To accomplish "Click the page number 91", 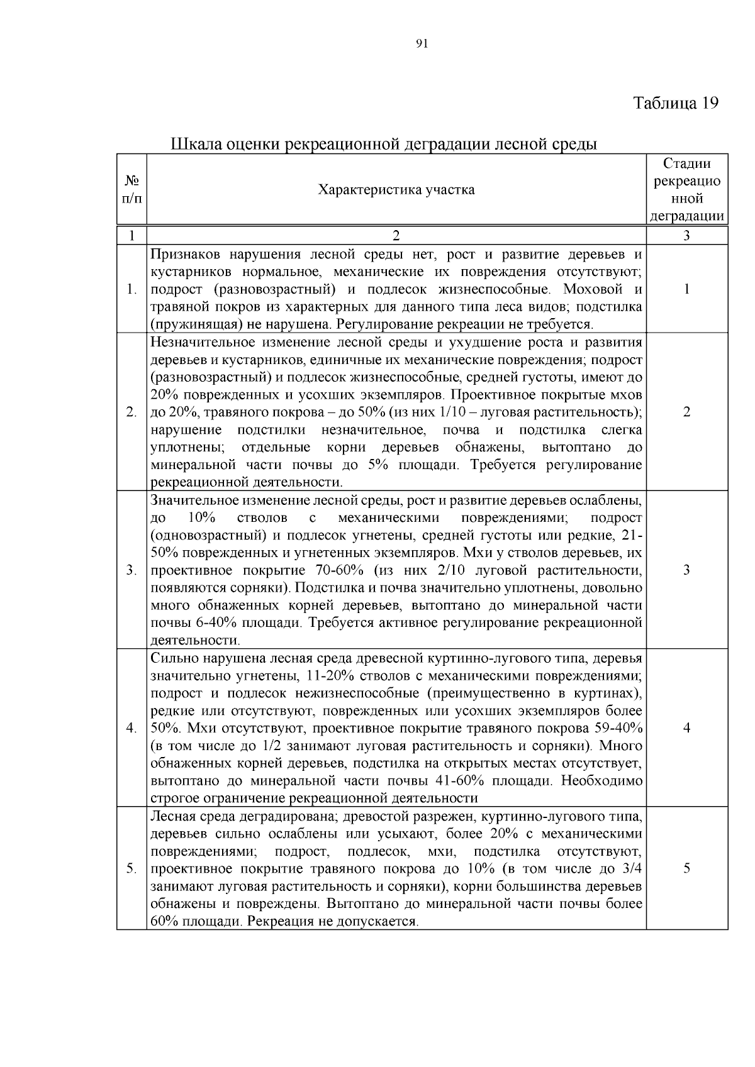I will coord(422,43).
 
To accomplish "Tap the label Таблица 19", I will coord(675,103).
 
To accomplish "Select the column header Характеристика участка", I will coord(396,190).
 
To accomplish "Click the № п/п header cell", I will coord(131,190).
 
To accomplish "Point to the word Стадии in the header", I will coord(687,164).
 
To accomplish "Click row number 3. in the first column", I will coord(131,570).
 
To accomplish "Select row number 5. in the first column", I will coord(131,868).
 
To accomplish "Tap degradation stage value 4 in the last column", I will coord(687,728).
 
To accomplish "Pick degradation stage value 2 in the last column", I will coord(687,412).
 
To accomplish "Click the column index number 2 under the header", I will coord(396,236).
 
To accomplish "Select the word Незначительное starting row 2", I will coord(199,343).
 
